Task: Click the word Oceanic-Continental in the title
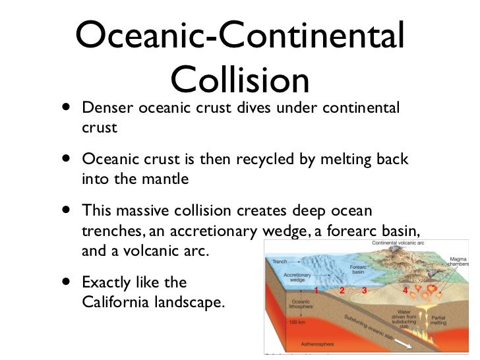click(x=240, y=38)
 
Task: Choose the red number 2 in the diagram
click(x=342, y=290)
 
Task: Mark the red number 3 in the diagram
click(x=364, y=290)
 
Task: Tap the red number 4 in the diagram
click(x=404, y=290)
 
